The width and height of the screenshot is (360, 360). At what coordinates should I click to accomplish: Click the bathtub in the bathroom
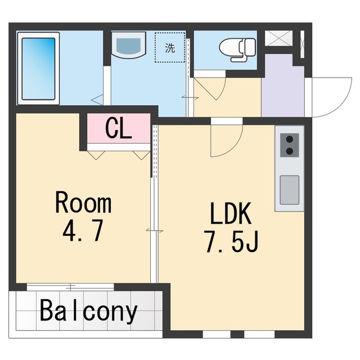tap(38, 68)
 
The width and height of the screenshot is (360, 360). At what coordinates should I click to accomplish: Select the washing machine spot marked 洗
tap(169, 48)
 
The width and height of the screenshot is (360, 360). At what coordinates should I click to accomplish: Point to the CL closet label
tap(119, 129)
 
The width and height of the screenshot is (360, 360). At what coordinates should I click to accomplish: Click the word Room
tap(83, 203)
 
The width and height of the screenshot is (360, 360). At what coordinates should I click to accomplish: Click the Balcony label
tap(88, 311)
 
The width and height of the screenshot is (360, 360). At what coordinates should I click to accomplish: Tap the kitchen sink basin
tap(289, 190)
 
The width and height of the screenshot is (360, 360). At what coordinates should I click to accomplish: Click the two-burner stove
tap(289, 145)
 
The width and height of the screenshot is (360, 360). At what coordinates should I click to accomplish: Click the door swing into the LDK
tap(225, 141)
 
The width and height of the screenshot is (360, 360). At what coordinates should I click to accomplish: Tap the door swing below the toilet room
tap(211, 87)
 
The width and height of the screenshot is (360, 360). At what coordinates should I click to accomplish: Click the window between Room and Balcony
tap(70, 286)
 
